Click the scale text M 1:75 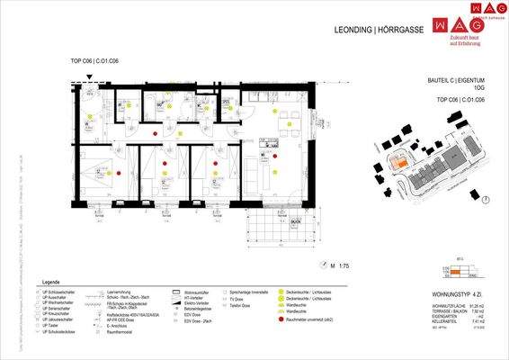click(x=343, y=265)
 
